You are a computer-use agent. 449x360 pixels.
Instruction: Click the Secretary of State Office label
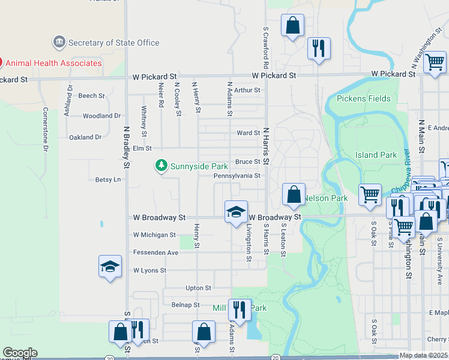113,43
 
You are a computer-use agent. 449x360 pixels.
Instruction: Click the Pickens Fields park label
363,98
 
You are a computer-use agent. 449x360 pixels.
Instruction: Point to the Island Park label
376,155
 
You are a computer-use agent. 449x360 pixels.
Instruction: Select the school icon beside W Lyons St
110,266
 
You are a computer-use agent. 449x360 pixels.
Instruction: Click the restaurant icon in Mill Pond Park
240,310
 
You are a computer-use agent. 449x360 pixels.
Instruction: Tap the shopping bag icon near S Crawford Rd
292,26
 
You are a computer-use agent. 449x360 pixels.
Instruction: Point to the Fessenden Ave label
155,253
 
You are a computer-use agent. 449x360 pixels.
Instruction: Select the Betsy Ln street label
108,179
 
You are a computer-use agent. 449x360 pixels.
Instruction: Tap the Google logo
20,352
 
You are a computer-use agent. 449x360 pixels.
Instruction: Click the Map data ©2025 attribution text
423,355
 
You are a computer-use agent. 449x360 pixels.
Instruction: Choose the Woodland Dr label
101,116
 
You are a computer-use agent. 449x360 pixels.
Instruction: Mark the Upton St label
199,288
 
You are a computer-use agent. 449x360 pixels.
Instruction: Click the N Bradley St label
127,147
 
